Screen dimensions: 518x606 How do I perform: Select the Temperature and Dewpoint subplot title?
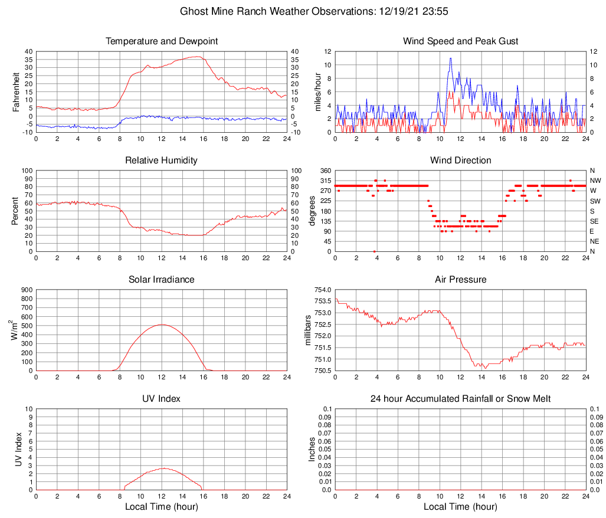(x=162, y=41)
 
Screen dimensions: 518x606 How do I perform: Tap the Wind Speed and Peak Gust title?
(x=460, y=41)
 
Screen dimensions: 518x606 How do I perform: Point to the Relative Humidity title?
(x=162, y=160)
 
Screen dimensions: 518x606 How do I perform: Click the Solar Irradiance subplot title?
(x=162, y=280)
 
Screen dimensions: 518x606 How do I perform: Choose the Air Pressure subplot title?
(x=460, y=280)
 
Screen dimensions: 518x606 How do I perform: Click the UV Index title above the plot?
(x=162, y=399)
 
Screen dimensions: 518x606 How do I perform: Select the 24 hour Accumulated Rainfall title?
(x=460, y=399)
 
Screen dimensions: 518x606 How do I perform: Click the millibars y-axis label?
(x=307, y=330)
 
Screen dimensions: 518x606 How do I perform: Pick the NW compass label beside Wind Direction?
(x=595, y=181)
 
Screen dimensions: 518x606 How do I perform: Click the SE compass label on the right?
(x=595, y=221)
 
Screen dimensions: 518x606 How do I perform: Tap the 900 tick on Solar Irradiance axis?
(x=27, y=290)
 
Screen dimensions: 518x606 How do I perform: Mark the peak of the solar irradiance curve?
(x=162, y=324)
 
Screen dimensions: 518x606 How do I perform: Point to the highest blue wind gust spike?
(x=450, y=58)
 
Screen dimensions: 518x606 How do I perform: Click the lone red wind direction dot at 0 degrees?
(x=374, y=251)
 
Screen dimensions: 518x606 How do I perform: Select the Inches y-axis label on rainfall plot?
(x=312, y=449)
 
